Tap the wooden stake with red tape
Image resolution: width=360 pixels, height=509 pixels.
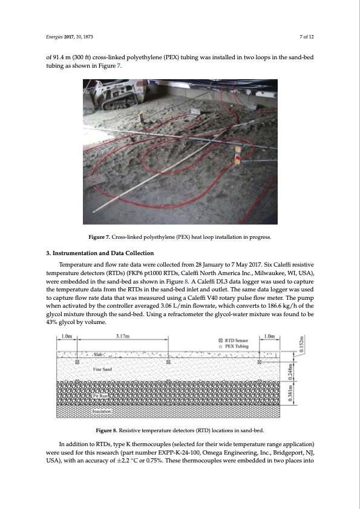[x=238, y=155]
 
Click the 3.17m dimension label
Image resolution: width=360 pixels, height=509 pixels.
[x=122, y=336]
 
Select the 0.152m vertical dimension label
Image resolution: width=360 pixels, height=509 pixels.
[x=301, y=344]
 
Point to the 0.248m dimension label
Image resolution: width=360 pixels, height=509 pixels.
[x=292, y=371]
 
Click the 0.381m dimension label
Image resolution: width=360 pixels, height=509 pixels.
[x=292, y=393]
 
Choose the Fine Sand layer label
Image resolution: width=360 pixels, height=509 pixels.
[x=102, y=369]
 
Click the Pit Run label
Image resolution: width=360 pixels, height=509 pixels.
[x=100, y=396]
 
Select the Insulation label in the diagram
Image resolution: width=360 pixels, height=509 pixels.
[x=102, y=411]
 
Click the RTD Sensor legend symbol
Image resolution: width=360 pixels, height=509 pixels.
[x=221, y=340]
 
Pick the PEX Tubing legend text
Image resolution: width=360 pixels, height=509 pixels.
[x=237, y=346]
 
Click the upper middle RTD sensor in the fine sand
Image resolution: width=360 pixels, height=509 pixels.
[x=168, y=362]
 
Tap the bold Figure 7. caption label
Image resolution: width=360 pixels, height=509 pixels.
[x=99, y=237]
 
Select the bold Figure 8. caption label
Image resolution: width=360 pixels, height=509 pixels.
[x=106, y=430]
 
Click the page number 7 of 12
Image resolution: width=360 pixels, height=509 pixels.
[x=307, y=37]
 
